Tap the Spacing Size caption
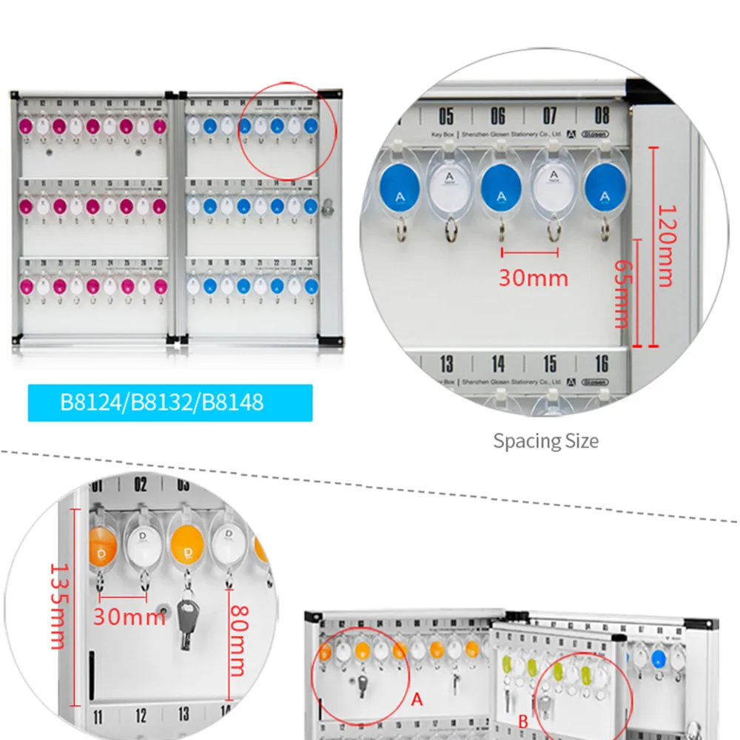(x=546, y=441)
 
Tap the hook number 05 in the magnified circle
(x=446, y=115)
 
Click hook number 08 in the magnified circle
(x=602, y=115)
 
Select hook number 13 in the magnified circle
(x=446, y=363)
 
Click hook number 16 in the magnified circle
(x=602, y=363)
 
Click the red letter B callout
(x=522, y=720)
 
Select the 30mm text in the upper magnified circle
(x=533, y=277)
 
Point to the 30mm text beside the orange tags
(x=129, y=616)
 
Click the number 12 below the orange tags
(x=141, y=716)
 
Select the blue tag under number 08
(x=606, y=189)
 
